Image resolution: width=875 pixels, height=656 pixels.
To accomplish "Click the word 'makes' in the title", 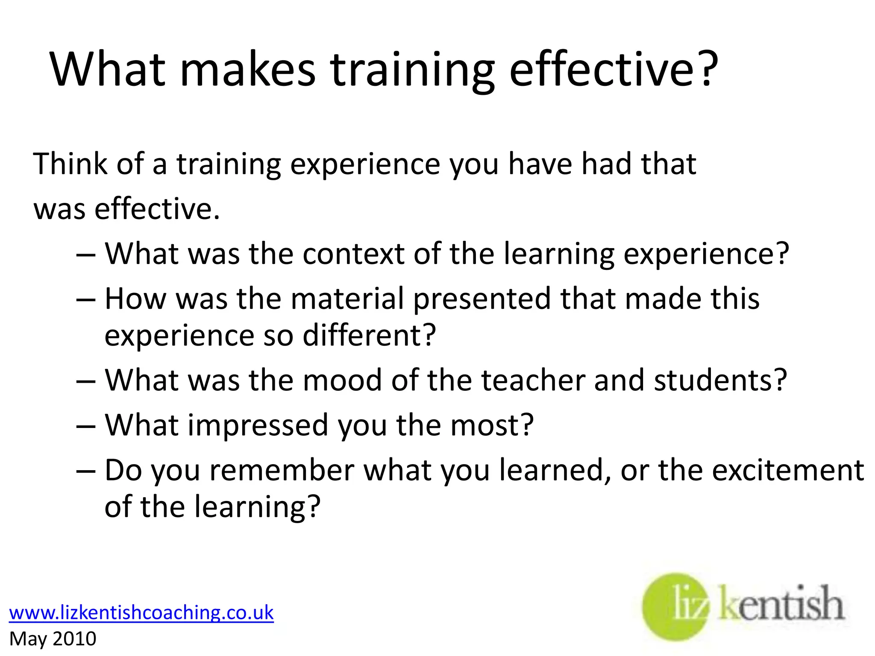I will pos(248,69).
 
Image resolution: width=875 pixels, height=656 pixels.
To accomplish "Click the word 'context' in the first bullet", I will pos(353,254).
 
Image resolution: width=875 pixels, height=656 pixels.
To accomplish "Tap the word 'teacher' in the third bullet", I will pos(533,380).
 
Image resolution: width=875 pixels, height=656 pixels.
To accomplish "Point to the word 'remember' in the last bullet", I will pos(282,470).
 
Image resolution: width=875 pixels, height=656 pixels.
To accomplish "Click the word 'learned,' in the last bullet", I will pos(555,470).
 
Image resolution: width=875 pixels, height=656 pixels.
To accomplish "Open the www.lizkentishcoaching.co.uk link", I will pos(141,612).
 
